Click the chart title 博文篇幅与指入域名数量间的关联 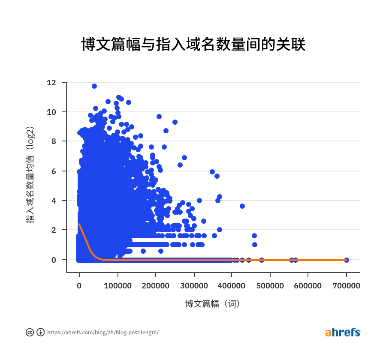[193, 44]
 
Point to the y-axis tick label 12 [51, 82]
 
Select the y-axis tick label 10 [51, 112]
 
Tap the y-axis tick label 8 [54, 141]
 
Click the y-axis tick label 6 [54, 171]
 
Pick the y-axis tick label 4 [54, 201]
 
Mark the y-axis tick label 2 [54, 230]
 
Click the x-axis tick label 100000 [118, 285]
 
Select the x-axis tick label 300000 [194, 285]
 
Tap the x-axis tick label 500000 [270, 285]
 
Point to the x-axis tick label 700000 [347, 285]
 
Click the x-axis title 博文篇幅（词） [212, 304]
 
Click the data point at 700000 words [347, 260]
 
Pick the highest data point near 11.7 [94, 86]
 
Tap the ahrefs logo [343, 332]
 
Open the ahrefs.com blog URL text [103, 333]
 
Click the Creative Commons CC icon [30, 332]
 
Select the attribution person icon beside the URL [41, 332]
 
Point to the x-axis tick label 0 [79, 285]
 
